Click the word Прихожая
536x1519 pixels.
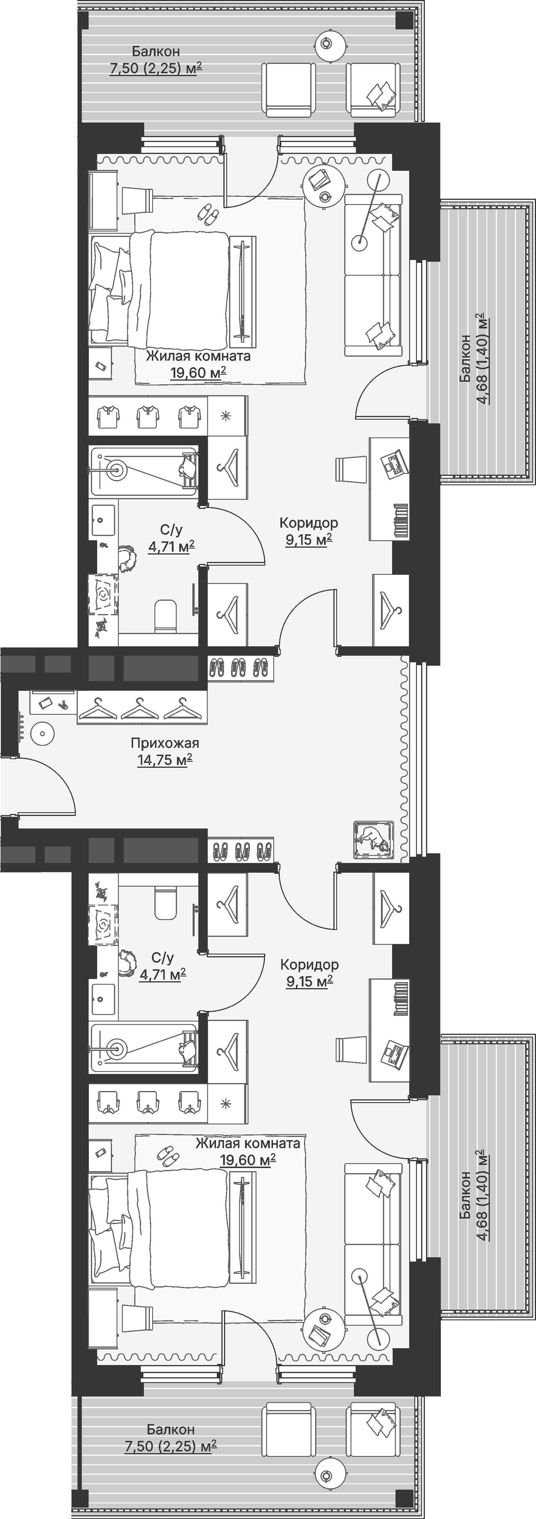pyautogui.click(x=165, y=743)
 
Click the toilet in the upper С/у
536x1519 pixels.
pyautogui.click(x=166, y=616)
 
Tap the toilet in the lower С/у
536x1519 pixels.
pyautogui.click(x=166, y=904)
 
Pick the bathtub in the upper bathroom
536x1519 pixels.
pyautogui.click(x=144, y=470)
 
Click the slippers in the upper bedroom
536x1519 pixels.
pyautogui.click(x=207, y=213)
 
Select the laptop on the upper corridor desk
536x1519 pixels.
pyautogui.click(x=394, y=462)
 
